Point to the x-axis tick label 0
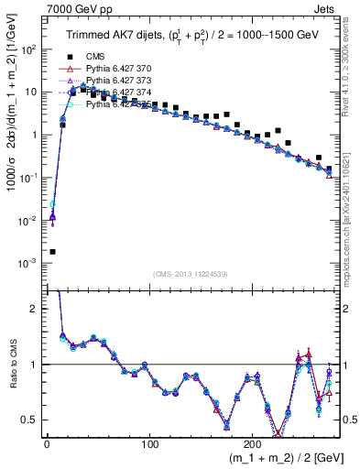pos(47,444)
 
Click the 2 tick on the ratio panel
pos(35,309)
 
